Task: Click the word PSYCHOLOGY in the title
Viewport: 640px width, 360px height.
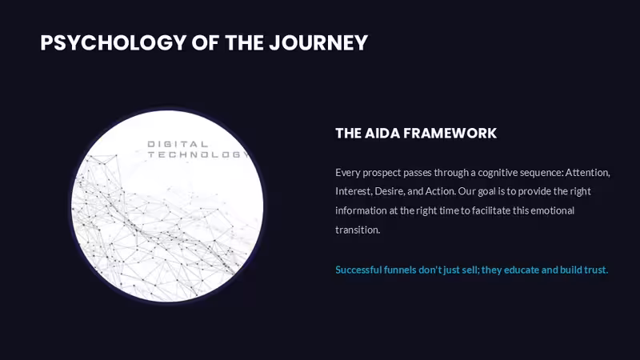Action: (x=113, y=43)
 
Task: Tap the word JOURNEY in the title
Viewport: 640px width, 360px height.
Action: (x=318, y=43)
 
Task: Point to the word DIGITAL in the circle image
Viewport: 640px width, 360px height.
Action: (x=178, y=144)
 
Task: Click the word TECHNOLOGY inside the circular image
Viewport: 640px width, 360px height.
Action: (x=198, y=154)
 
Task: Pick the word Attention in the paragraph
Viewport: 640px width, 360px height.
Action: (x=587, y=173)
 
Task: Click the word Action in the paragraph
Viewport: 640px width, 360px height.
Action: (x=441, y=191)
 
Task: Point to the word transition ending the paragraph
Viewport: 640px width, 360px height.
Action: (x=358, y=230)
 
